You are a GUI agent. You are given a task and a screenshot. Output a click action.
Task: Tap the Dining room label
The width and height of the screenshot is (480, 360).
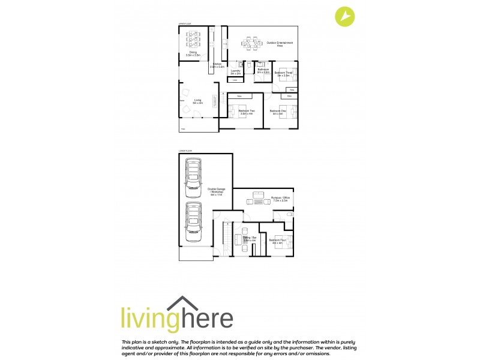(x=193, y=53)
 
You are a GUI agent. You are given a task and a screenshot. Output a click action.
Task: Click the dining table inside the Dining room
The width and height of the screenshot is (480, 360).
(x=193, y=39)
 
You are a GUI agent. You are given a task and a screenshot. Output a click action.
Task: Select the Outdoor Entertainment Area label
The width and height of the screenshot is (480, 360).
(x=280, y=43)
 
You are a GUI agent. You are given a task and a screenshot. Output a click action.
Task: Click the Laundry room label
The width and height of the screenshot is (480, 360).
(x=236, y=72)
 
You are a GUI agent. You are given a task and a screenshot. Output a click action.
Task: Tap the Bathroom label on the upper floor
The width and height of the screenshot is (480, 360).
(x=263, y=71)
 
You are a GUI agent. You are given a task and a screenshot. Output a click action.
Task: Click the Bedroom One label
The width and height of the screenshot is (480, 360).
(x=277, y=112)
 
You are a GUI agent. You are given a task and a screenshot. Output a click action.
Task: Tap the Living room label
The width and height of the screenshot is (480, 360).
(x=197, y=102)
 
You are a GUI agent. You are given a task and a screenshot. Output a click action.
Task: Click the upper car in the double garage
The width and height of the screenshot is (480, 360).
(x=193, y=178)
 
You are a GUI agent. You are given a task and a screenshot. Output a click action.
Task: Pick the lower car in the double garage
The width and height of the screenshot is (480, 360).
(x=193, y=221)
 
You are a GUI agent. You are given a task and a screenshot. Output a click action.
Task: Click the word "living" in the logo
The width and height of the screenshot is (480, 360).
(x=146, y=317)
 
